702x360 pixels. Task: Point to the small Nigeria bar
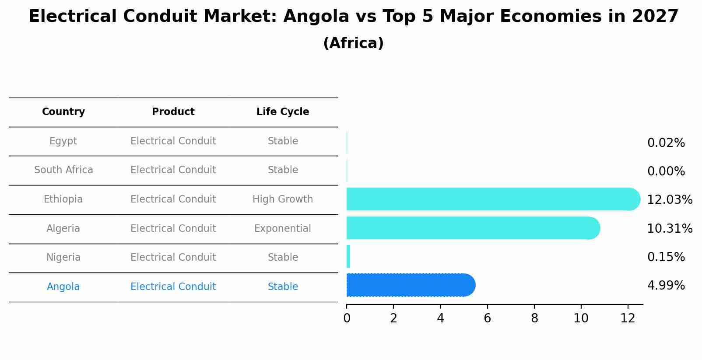pos(348,256)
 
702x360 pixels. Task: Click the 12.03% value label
pos(669,200)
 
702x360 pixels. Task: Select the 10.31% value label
pos(669,229)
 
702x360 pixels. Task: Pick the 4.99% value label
pos(666,286)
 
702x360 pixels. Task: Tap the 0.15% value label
pos(666,257)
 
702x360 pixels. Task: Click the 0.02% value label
pos(666,143)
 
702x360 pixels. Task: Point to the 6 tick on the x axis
pos(487,318)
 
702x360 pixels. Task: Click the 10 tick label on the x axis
pos(581,318)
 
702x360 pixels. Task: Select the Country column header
pos(63,112)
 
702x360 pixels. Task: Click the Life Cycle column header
pos(283,112)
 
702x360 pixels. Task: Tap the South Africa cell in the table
pos(63,170)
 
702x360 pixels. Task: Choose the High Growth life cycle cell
pos(283,199)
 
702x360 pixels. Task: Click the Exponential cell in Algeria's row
pos(283,228)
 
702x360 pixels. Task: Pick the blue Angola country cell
pos(63,287)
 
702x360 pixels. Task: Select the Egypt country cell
pos(63,141)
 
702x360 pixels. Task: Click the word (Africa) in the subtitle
pos(353,43)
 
